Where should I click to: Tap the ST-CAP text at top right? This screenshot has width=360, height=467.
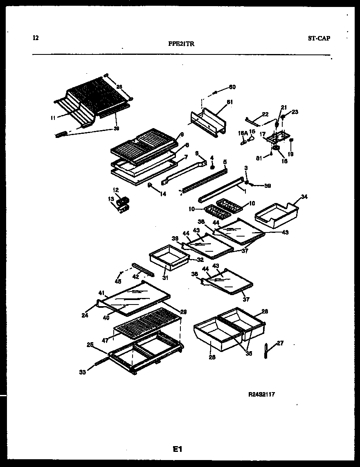(319, 38)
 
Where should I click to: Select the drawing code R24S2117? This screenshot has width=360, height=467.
(261, 395)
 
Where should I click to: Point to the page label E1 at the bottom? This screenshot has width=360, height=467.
(177, 449)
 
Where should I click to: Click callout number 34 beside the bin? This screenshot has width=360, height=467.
(304, 197)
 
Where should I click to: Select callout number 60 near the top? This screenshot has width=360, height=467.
(232, 87)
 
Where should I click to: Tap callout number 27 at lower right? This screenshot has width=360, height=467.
(280, 343)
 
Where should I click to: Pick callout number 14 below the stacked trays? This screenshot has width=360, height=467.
(163, 194)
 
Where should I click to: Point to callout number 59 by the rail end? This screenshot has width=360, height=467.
(267, 185)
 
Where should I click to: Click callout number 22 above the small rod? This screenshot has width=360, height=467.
(265, 114)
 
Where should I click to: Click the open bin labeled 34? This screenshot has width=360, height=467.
(277, 215)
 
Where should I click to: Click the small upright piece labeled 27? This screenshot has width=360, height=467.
(266, 350)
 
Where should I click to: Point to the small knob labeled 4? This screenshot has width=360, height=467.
(212, 167)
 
